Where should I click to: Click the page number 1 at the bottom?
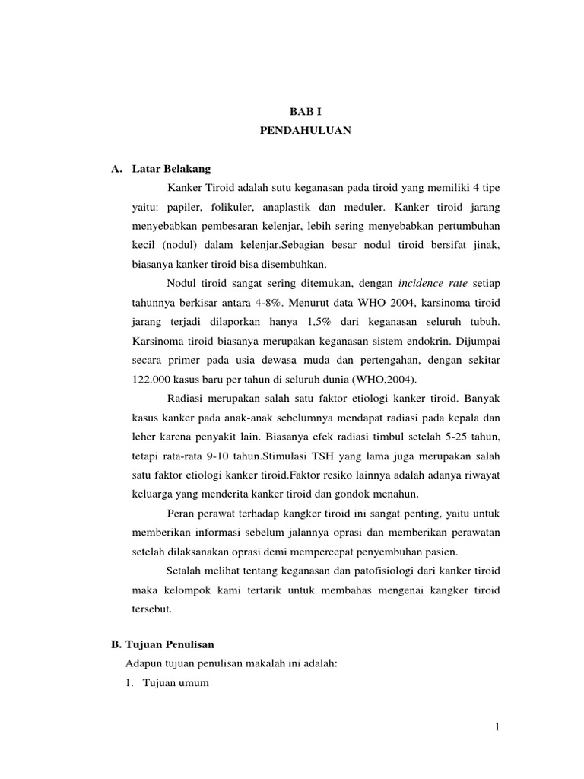click(x=497, y=727)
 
